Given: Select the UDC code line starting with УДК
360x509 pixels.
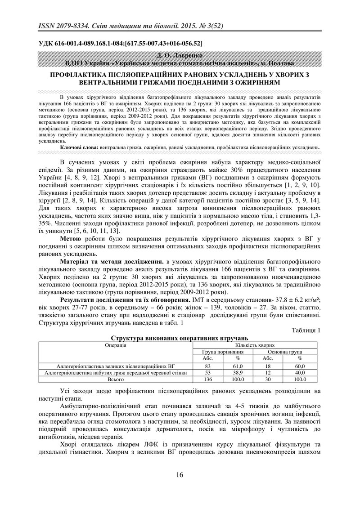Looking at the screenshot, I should (x=120, y=44).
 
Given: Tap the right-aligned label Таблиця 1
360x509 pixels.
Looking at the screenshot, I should (x=306, y=330).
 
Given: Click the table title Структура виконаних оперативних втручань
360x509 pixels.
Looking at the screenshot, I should (x=179, y=338).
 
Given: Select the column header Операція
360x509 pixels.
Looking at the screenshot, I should (x=116, y=345).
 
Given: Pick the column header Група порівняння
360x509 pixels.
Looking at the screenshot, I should (x=223, y=352).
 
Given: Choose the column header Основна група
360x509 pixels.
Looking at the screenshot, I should (x=284, y=352).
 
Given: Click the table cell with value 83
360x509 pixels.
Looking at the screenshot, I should (x=207, y=366).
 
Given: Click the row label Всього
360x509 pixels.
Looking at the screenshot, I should (x=116, y=379).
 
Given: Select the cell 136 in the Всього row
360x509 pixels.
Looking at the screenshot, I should (x=207, y=379).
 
